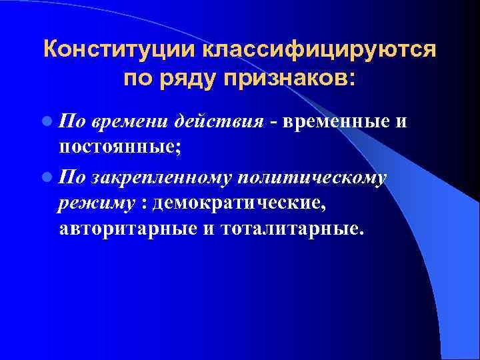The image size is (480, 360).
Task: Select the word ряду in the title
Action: click(187, 79)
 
